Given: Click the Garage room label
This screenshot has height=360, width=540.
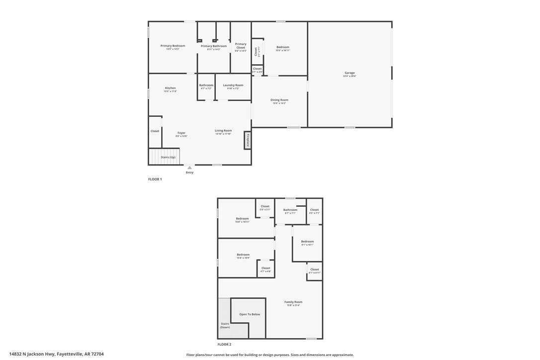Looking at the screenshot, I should click(350, 74).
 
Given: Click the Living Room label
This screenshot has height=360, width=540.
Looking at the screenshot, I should click(223, 131).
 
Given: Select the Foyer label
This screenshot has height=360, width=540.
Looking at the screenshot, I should click(181, 134).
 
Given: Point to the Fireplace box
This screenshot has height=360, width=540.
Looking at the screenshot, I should click(248, 140).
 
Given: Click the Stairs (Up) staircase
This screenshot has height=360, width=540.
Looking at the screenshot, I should click(164, 157).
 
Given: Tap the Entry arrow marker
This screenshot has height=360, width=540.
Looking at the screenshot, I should click(189, 168).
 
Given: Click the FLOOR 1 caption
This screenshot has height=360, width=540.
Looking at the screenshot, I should click(155, 179).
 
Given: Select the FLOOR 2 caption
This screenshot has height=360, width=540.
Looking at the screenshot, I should click(224, 344).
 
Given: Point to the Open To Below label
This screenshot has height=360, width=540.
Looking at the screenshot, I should click(249, 314).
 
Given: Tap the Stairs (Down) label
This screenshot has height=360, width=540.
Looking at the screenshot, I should click(225, 325).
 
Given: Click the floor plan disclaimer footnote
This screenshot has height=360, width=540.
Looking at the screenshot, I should click(270, 355).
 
